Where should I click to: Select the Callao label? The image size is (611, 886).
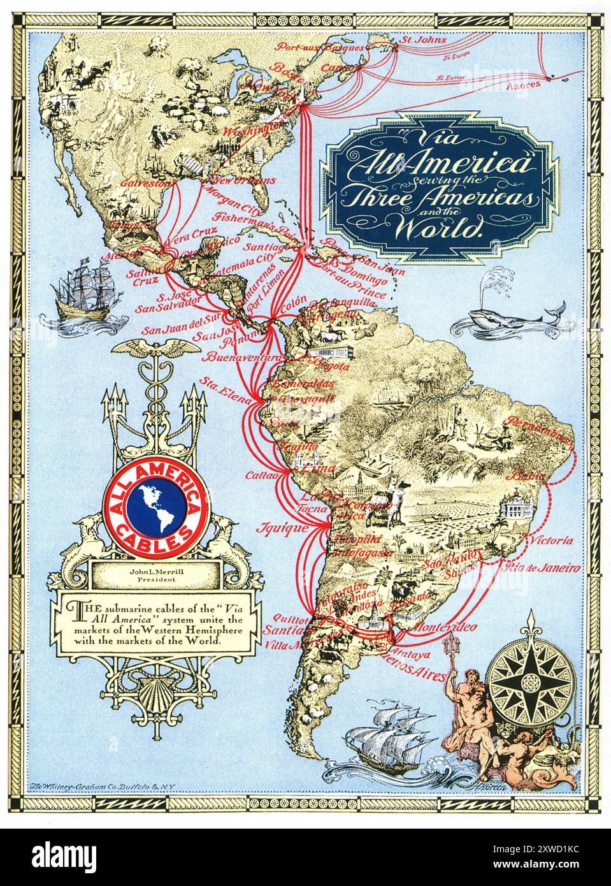(262, 476)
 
